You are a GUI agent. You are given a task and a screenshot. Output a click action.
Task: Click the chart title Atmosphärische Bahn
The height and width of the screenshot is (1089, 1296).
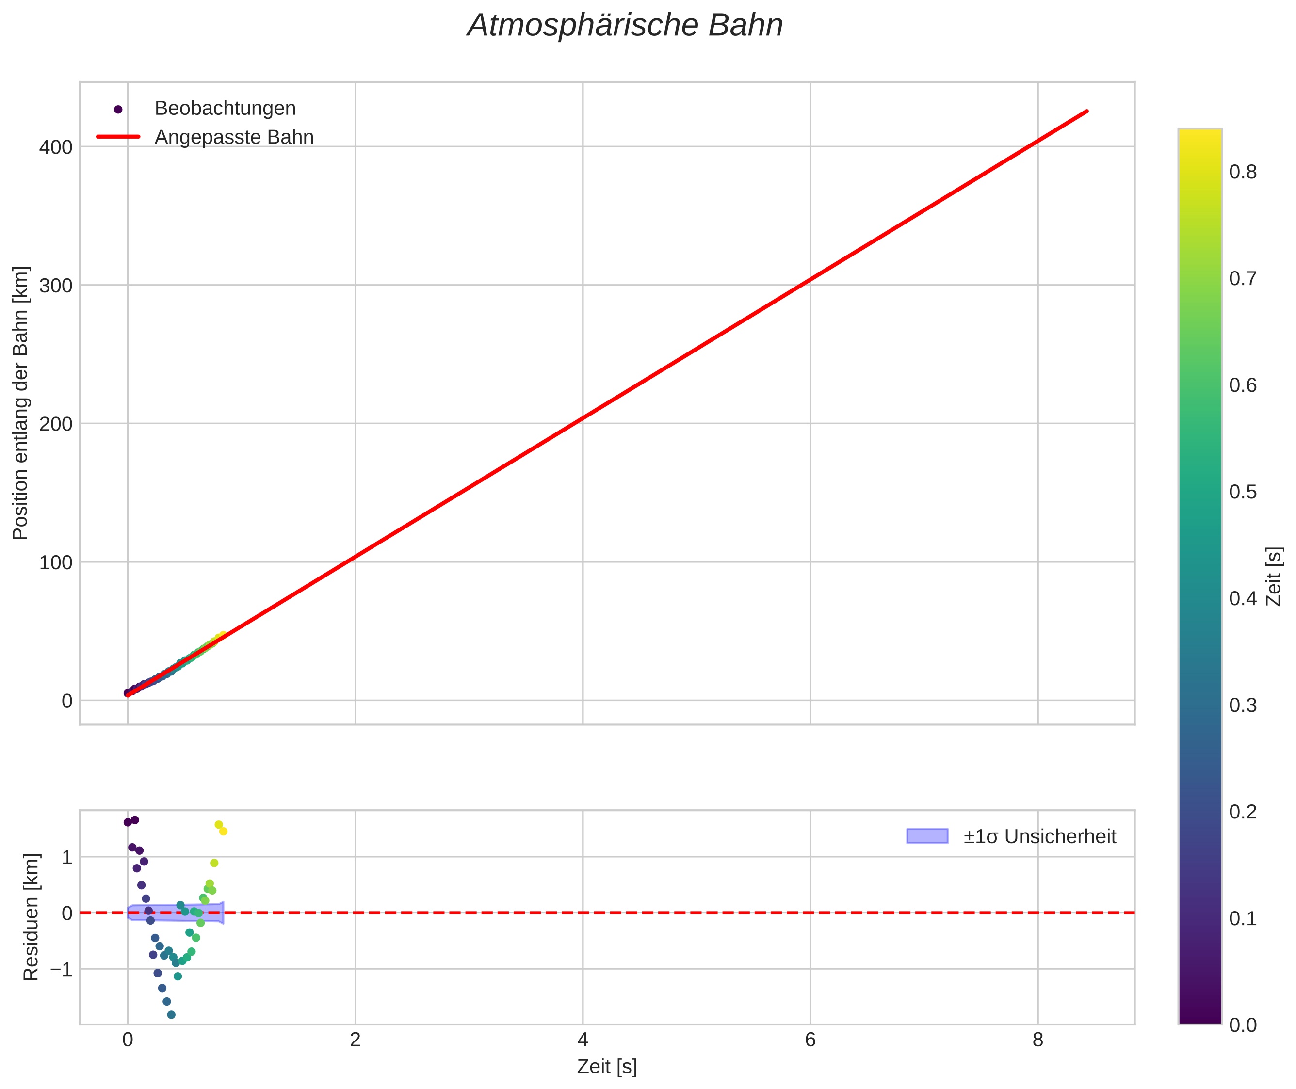coord(625,26)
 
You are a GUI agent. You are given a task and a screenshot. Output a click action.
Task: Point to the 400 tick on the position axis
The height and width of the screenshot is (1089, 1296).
coord(56,147)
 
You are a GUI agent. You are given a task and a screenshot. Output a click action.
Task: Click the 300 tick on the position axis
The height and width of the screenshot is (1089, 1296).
coord(56,286)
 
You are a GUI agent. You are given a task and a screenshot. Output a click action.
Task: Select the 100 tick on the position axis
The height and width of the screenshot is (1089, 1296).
coord(56,562)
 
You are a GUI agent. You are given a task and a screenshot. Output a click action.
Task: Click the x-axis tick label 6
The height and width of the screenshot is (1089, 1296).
coord(810,1040)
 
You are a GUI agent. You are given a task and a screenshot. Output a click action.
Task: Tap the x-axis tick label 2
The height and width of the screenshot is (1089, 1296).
coord(355,1040)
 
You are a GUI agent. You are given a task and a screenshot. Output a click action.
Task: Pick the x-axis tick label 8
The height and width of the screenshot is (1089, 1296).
coord(1037,1040)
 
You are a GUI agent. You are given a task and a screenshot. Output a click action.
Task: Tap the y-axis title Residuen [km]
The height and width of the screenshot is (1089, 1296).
coord(31,917)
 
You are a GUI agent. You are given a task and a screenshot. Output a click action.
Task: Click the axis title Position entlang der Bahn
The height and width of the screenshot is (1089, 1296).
coord(20,403)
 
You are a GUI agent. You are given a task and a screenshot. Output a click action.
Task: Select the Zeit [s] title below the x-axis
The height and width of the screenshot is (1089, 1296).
coord(607,1067)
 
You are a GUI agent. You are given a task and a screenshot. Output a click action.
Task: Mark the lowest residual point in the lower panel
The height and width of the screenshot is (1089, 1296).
coord(171,1015)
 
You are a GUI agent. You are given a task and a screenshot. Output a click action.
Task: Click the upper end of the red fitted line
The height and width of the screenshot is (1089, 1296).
coord(1086,111)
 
